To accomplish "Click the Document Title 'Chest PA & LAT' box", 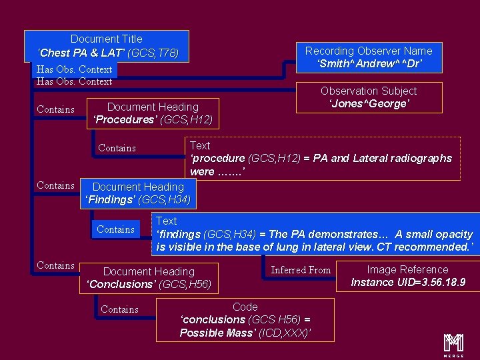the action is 107,45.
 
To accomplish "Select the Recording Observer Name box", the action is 369,57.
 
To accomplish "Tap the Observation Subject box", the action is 369,97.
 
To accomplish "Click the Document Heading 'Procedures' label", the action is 153,113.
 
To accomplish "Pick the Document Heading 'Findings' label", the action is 138,193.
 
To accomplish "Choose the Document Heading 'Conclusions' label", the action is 149,278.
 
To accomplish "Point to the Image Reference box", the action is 408,276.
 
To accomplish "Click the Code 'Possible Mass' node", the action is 245,319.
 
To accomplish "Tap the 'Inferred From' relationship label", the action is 301,270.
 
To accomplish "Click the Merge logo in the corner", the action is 453,343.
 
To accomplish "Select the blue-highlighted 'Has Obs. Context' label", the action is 75,69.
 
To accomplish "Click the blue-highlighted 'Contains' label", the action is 116,229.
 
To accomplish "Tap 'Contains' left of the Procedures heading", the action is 55,109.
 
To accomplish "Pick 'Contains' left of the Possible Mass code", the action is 120,309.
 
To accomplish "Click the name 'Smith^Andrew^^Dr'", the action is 369,64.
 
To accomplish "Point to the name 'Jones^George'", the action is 369,104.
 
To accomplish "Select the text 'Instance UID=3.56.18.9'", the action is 408,283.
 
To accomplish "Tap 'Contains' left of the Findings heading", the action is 55,185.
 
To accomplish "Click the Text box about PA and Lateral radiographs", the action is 321,159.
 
